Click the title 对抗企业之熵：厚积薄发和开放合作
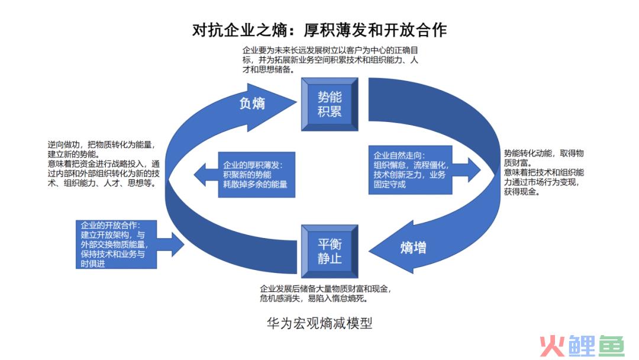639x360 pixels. (x=319, y=29)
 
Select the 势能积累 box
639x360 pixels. (x=330, y=104)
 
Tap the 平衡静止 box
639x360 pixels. (x=330, y=252)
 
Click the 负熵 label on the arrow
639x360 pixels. (x=252, y=103)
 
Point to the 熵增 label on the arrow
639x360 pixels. (x=412, y=247)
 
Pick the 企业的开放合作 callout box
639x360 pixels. (x=116, y=244)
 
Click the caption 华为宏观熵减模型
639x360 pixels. (x=319, y=323)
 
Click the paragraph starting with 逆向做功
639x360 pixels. (x=104, y=163)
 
